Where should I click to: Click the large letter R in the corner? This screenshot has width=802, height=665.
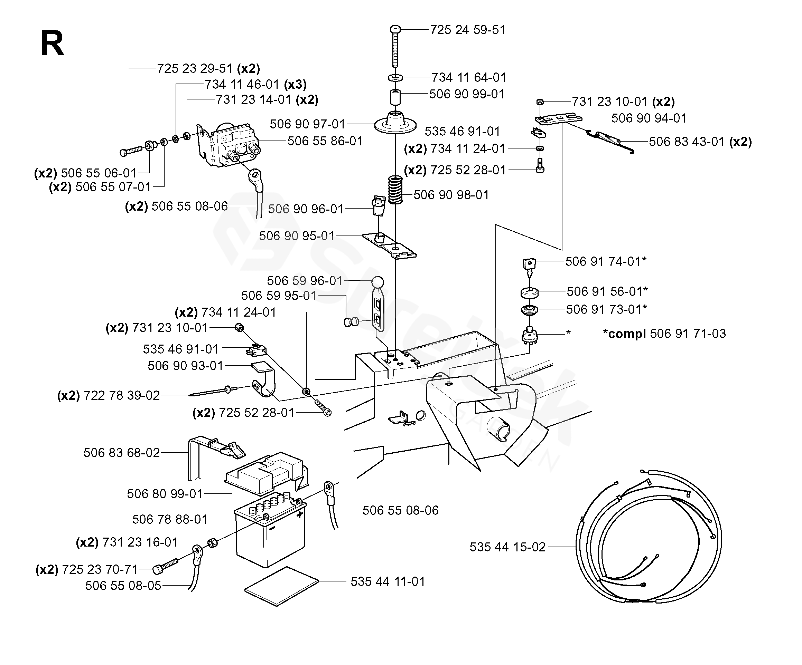[52, 44]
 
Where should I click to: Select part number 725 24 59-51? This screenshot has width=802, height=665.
[468, 30]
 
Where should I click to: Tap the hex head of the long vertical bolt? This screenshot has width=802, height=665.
[395, 29]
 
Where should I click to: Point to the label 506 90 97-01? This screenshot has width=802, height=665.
[307, 124]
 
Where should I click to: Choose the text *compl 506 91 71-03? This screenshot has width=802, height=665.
[664, 334]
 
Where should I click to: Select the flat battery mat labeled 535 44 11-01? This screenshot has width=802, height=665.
[281, 586]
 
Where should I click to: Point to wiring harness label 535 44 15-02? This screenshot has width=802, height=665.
[507, 547]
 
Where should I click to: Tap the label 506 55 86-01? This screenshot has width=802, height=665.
[325, 141]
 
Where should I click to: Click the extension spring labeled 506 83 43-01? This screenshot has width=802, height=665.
[610, 140]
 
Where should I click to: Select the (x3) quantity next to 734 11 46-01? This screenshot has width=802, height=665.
[295, 84]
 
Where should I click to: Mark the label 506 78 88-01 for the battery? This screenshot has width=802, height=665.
[170, 519]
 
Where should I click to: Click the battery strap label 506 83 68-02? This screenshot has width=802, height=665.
[121, 453]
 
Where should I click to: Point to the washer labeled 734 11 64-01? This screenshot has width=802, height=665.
[395, 78]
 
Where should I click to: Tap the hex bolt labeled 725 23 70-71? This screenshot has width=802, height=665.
[165, 566]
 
